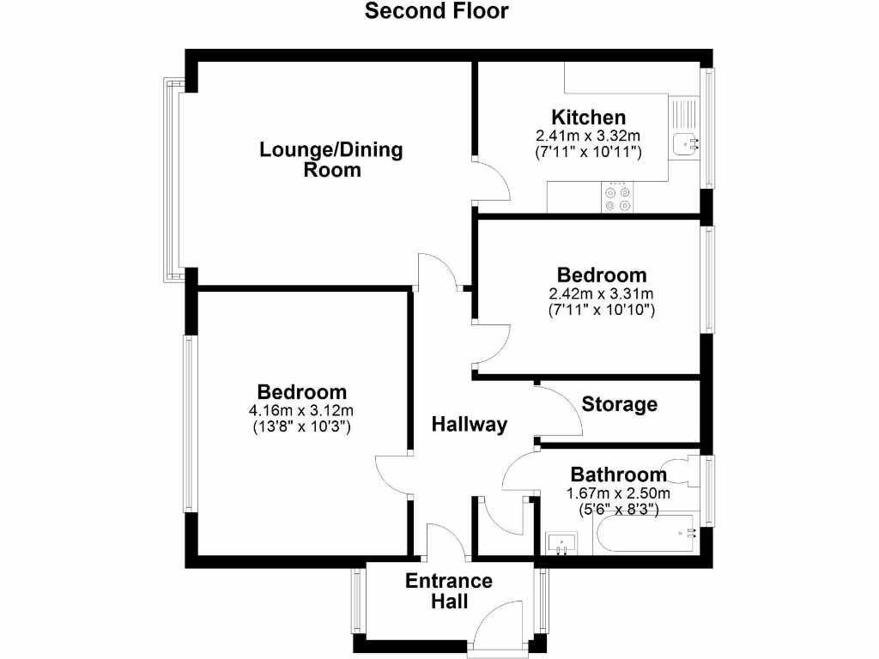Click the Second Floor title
pyautogui.click(x=437, y=11)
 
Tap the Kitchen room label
pyautogui.click(x=588, y=118)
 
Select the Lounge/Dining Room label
pyautogui.click(x=331, y=160)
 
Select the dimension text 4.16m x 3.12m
pyautogui.click(x=300, y=410)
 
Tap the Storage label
pyautogui.click(x=620, y=404)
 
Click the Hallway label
pyautogui.click(x=469, y=424)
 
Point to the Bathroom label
pyautogui.click(x=618, y=475)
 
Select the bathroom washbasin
pyautogui.click(x=562, y=542)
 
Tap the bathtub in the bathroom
pyautogui.click(x=644, y=534)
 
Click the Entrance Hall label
pyautogui.click(x=449, y=591)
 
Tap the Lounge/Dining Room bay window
pyautogui.click(x=172, y=180)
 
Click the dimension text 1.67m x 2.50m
pyautogui.click(x=618, y=493)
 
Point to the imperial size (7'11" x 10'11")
pyautogui.click(x=588, y=152)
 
